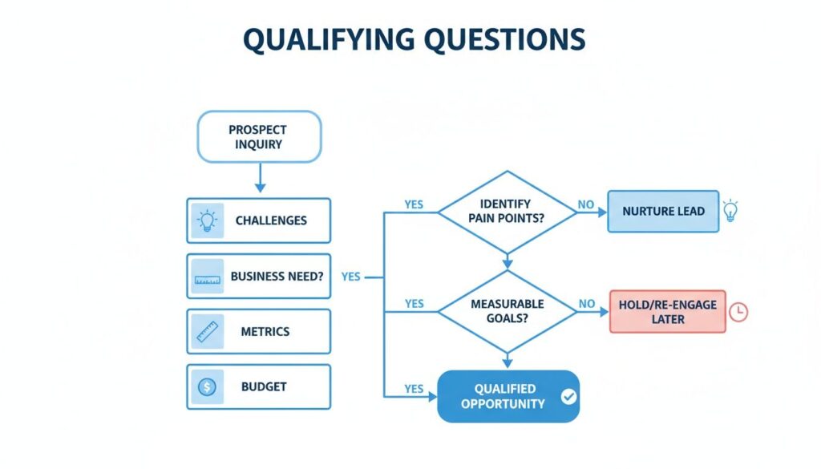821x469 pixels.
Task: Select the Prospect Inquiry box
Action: (258, 137)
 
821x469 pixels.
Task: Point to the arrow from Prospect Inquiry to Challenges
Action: (259, 177)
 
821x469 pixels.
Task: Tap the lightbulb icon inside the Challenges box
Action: (207, 220)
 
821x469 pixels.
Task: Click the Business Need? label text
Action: (277, 277)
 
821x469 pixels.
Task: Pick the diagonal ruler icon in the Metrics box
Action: (207, 331)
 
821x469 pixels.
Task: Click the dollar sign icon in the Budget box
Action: (207, 387)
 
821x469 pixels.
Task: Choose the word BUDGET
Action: (264, 387)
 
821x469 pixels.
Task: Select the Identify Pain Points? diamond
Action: (506, 212)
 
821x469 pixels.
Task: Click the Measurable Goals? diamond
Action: (507, 311)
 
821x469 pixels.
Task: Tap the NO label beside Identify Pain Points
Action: (586, 205)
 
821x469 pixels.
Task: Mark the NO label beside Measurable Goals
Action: (587, 305)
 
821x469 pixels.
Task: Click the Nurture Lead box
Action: (663, 212)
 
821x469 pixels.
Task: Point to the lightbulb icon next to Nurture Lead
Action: (730, 210)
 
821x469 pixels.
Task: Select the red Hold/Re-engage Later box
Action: (667, 312)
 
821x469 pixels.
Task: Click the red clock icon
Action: (738, 312)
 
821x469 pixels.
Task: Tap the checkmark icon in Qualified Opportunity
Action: (568, 395)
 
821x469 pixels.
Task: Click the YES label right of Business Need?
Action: (350, 277)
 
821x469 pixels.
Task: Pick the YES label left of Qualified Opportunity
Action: (413, 389)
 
